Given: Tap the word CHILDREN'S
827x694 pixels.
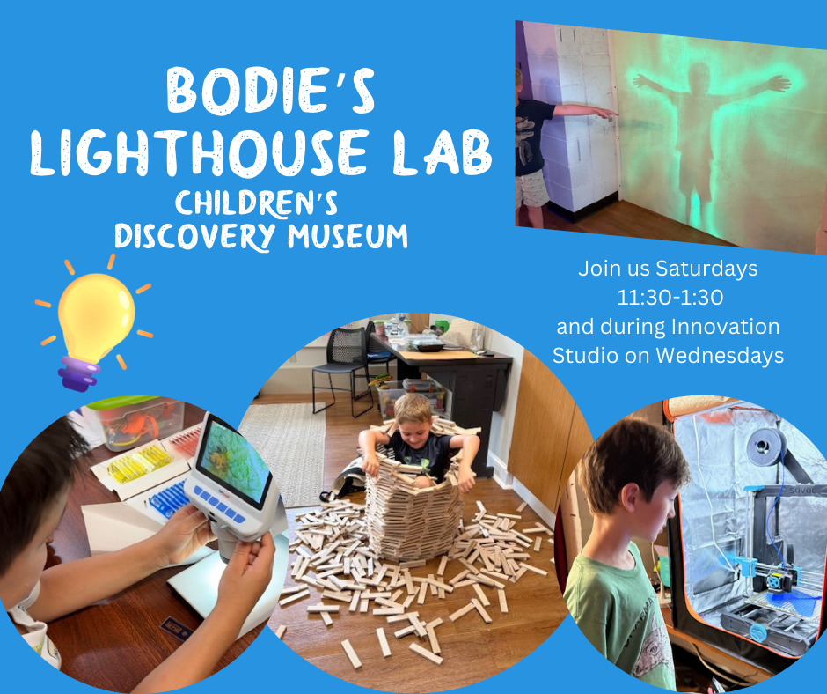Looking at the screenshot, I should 257,204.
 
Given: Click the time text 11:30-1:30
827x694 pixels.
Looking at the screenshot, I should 668,297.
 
